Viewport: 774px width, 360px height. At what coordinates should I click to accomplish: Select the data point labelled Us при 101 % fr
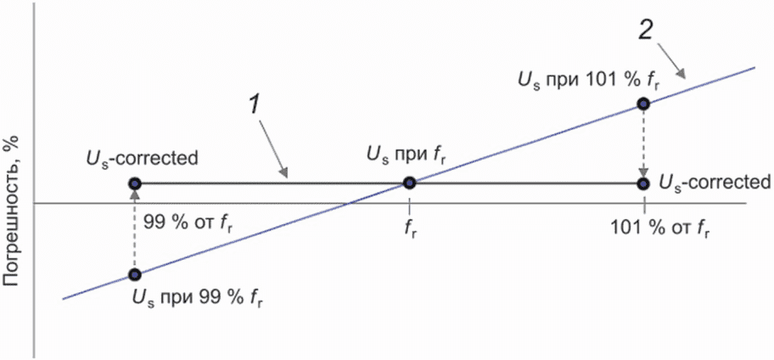coord(643,104)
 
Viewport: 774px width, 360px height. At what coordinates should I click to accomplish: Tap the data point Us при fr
coord(409,183)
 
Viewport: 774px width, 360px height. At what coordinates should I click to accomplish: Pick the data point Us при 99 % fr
coord(134,274)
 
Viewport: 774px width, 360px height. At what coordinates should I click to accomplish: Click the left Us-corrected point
coord(134,183)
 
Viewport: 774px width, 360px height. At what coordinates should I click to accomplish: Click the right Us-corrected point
coord(643,183)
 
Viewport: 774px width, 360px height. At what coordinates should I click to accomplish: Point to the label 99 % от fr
coord(188,221)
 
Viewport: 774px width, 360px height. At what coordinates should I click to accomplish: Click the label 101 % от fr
coord(660,229)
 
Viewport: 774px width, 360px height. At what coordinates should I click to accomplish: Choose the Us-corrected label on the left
coord(142,159)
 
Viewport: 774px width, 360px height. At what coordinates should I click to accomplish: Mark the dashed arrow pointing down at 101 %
coord(643,143)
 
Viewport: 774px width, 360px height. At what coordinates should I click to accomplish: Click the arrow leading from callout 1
coord(273,150)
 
